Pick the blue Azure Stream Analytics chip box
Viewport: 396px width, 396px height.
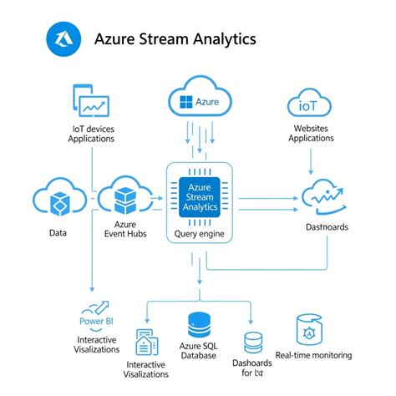coord(200,198)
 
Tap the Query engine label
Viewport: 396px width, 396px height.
coord(200,234)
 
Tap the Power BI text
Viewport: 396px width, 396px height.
coord(97,320)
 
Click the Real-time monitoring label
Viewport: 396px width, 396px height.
coord(313,355)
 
